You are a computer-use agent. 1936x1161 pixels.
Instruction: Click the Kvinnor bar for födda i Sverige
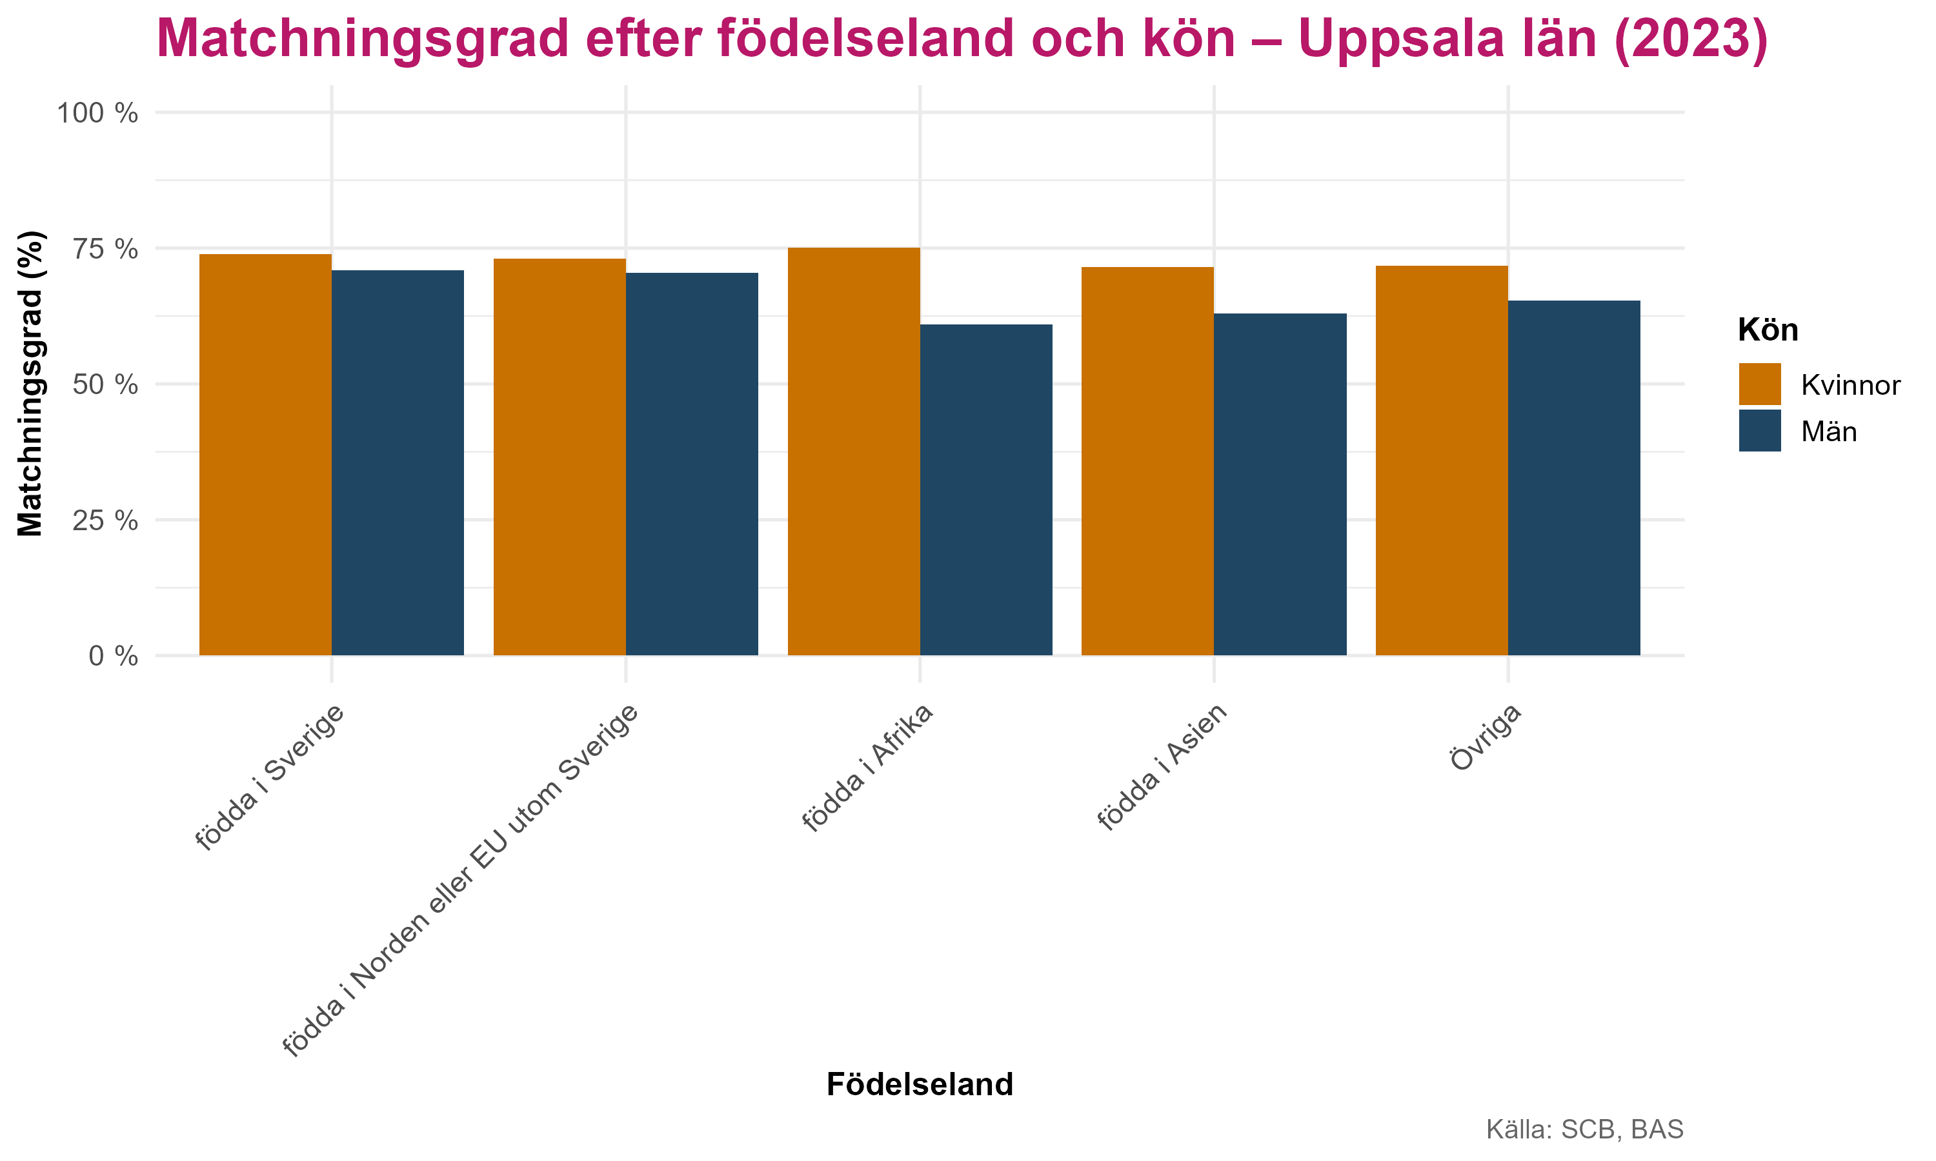click(x=265, y=455)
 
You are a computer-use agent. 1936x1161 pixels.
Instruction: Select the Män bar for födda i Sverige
click(x=398, y=462)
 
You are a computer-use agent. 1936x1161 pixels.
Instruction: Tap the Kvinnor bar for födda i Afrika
click(x=853, y=451)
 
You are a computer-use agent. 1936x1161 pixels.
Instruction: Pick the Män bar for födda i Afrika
click(x=986, y=490)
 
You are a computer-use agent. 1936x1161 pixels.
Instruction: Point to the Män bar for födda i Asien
click(x=1280, y=484)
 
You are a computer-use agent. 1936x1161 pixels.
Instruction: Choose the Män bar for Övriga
click(x=1574, y=478)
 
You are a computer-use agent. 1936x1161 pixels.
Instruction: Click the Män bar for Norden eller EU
click(x=692, y=464)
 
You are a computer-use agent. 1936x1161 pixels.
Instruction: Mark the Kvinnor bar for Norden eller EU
click(x=560, y=457)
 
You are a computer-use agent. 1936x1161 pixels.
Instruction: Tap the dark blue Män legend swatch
click(x=1760, y=430)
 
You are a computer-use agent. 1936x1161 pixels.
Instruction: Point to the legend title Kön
click(x=1768, y=330)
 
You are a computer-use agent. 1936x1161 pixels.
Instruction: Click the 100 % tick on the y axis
click(x=97, y=114)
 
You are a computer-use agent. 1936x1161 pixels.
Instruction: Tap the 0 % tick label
click(x=113, y=655)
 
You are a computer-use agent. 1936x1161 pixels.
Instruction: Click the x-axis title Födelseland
click(x=920, y=1084)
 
